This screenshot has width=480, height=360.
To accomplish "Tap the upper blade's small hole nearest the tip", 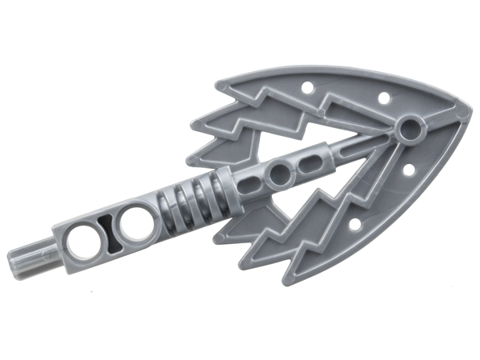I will (383, 98).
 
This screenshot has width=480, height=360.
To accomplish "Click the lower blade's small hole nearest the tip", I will (408, 170).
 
